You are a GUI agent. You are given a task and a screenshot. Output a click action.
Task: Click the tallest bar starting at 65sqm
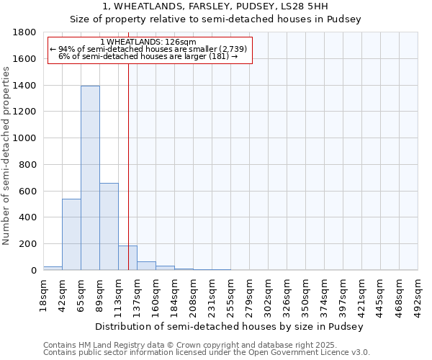[90, 178]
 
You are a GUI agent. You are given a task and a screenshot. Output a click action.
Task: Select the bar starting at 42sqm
[71, 234]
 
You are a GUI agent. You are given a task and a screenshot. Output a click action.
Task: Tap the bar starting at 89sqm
[109, 226]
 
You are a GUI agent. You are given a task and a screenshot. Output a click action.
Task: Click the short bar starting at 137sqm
[146, 266]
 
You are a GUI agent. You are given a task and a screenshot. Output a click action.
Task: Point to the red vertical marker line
[128, 166]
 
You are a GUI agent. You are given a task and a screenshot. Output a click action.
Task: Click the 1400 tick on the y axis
[27, 85]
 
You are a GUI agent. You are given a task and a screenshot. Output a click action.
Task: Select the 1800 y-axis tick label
[27, 32]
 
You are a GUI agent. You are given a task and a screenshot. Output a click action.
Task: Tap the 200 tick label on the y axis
[30, 244]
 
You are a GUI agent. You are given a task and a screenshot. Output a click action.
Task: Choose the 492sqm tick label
[418, 294]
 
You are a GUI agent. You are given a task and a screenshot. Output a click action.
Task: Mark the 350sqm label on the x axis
[306, 294]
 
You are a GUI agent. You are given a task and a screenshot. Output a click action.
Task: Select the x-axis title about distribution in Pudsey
[230, 326]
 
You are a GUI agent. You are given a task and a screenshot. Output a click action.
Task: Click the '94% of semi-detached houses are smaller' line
[148, 49]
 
